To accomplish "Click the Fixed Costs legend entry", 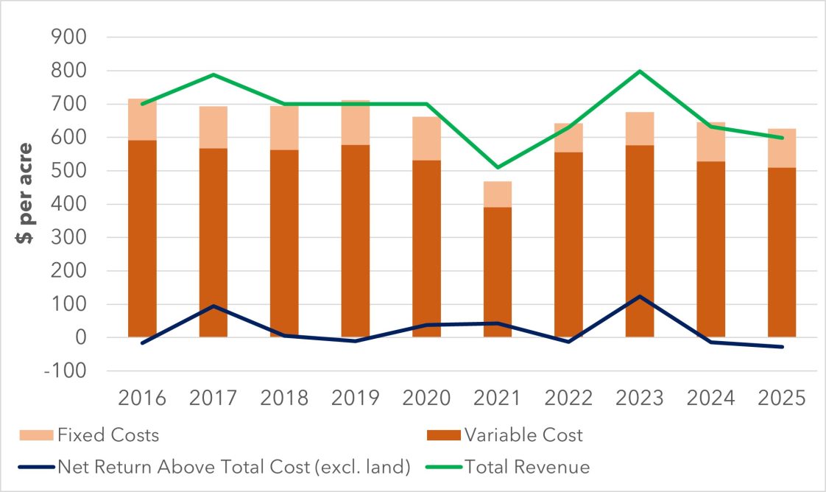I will click(108, 435).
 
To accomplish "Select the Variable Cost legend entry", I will click(523, 435).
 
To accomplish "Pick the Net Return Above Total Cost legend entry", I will click(233, 467).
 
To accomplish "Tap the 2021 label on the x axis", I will click(498, 398).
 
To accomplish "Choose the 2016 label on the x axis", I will click(142, 398).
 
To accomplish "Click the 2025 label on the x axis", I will click(782, 398).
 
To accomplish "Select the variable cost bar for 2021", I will click(498, 273).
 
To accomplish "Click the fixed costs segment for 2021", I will click(498, 194).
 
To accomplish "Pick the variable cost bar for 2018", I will click(284, 243).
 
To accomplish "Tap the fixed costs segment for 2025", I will click(782, 148).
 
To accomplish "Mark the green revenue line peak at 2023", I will click(640, 71).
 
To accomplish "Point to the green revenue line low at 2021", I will click(498, 167).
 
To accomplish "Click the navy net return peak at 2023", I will click(640, 296).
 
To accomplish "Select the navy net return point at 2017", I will click(213, 306).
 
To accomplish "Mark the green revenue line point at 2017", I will click(213, 74).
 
